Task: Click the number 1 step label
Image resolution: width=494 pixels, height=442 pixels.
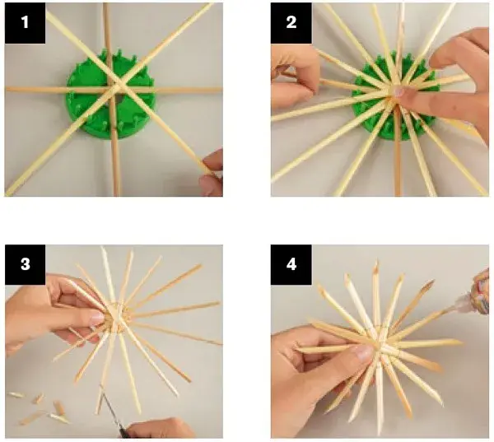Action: click(x=25, y=23)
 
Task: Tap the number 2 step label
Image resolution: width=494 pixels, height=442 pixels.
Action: click(x=291, y=23)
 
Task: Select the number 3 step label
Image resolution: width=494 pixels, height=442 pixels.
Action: click(x=26, y=264)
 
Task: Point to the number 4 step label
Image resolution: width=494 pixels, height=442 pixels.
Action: click(x=291, y=264)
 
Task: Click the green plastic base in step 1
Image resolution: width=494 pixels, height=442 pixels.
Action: click(x=111, y=95)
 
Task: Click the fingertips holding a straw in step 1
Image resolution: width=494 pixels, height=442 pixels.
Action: click(x=212, y=172)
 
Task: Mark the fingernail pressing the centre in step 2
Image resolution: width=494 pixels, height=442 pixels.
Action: click(x=398, y=91)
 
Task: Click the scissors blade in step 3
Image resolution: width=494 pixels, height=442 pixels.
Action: click(x=111, y=410)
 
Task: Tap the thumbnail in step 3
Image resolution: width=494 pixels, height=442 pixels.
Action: click(x=97, y=319)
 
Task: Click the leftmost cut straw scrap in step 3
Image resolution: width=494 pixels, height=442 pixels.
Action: click(x=16, y=395)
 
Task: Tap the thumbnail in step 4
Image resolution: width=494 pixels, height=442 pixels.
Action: click(x=363, y=353)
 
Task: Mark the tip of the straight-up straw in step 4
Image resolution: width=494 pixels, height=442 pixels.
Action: click(x=376, y=262)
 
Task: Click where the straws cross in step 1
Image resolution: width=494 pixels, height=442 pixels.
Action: click(x=117, y=85)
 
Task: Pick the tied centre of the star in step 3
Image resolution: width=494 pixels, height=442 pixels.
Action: click(x=117, y=317)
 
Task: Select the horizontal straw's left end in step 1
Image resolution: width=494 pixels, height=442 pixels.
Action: click(x=7, y=90)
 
